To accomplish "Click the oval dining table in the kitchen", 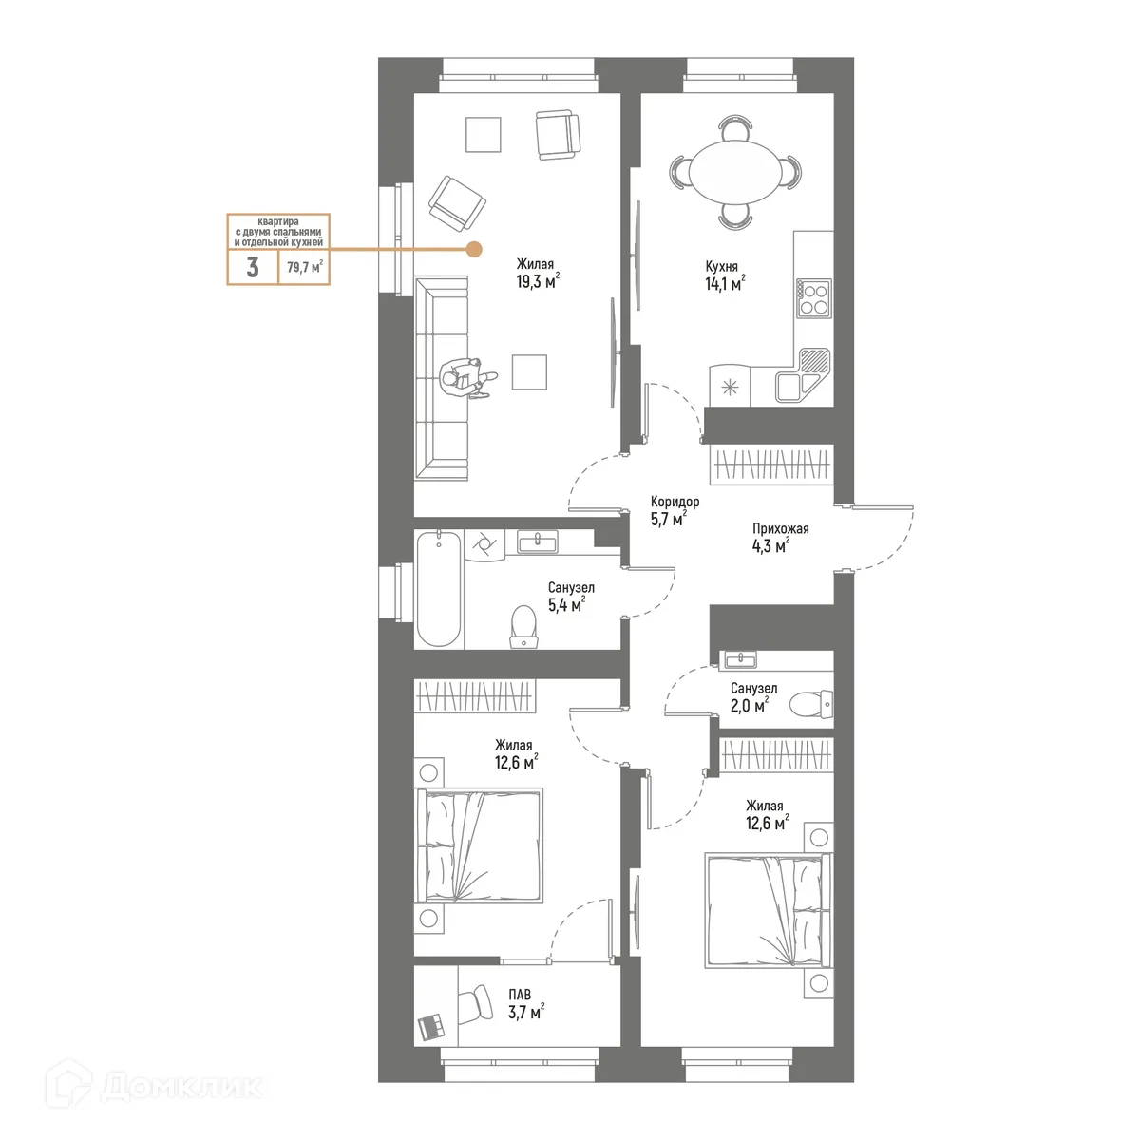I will point(735,171).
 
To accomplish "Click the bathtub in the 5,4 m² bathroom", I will point(440,589).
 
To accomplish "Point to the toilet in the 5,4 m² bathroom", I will point(523,627).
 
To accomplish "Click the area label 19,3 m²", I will point(537,281).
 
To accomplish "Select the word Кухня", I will point(722,267).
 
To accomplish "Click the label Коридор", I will point(675,502).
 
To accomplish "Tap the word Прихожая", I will point(780,529).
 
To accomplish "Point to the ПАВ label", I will point(520,996).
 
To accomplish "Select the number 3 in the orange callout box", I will point(253,268).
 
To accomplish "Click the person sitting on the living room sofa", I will point(465,377).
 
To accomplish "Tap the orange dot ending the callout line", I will point(473,250).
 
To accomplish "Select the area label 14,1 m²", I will point(724,282).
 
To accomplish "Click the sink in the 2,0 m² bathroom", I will point(738,659).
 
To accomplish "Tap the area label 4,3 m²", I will point(768,545).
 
